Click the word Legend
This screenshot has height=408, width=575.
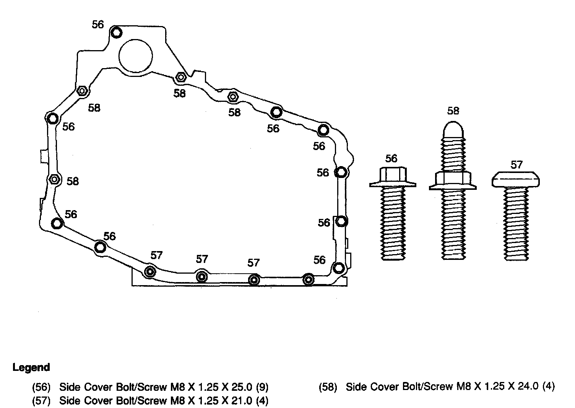(x=31, y=368)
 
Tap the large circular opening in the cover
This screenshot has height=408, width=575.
(x=136, y=55)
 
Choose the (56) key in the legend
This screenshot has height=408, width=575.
(x=41, y=387)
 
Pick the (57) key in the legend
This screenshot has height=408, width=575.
(x=41, y=401)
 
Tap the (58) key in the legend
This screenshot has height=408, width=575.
(x=328, y=387)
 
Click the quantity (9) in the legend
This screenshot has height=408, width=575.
(x=262, y=387)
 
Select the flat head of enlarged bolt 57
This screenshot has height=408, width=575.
(x=516, y=179)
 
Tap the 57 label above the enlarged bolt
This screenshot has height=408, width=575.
(x=516, y=165)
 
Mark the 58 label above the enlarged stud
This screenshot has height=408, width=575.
(x=453, y=111)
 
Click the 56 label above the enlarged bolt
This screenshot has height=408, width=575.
(x=391, y=158)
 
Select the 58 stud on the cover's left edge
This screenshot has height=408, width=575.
(x=54, y=179)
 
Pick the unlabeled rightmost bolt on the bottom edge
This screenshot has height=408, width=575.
(x=308, y=279)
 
